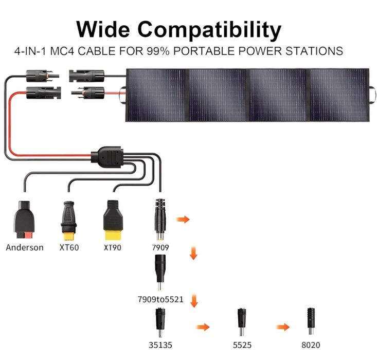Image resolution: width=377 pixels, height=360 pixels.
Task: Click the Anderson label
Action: [x=25, y=247]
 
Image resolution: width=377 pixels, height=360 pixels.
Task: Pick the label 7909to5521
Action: [x=160, y=299]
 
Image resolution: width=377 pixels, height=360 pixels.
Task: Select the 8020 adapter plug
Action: [x=310, y=320]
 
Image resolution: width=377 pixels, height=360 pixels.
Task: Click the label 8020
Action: [x=310, y=344]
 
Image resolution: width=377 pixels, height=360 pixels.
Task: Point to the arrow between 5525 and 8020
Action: [x=283, y=327]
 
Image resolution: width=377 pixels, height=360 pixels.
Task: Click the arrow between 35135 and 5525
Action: [x=203, y=327]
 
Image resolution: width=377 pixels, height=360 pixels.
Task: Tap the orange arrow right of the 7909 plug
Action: [x=183, y=220]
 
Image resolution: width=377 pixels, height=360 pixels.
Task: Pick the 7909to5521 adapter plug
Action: [x=159, y=273]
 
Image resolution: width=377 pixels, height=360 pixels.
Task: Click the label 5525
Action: [x=240, y=344]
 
